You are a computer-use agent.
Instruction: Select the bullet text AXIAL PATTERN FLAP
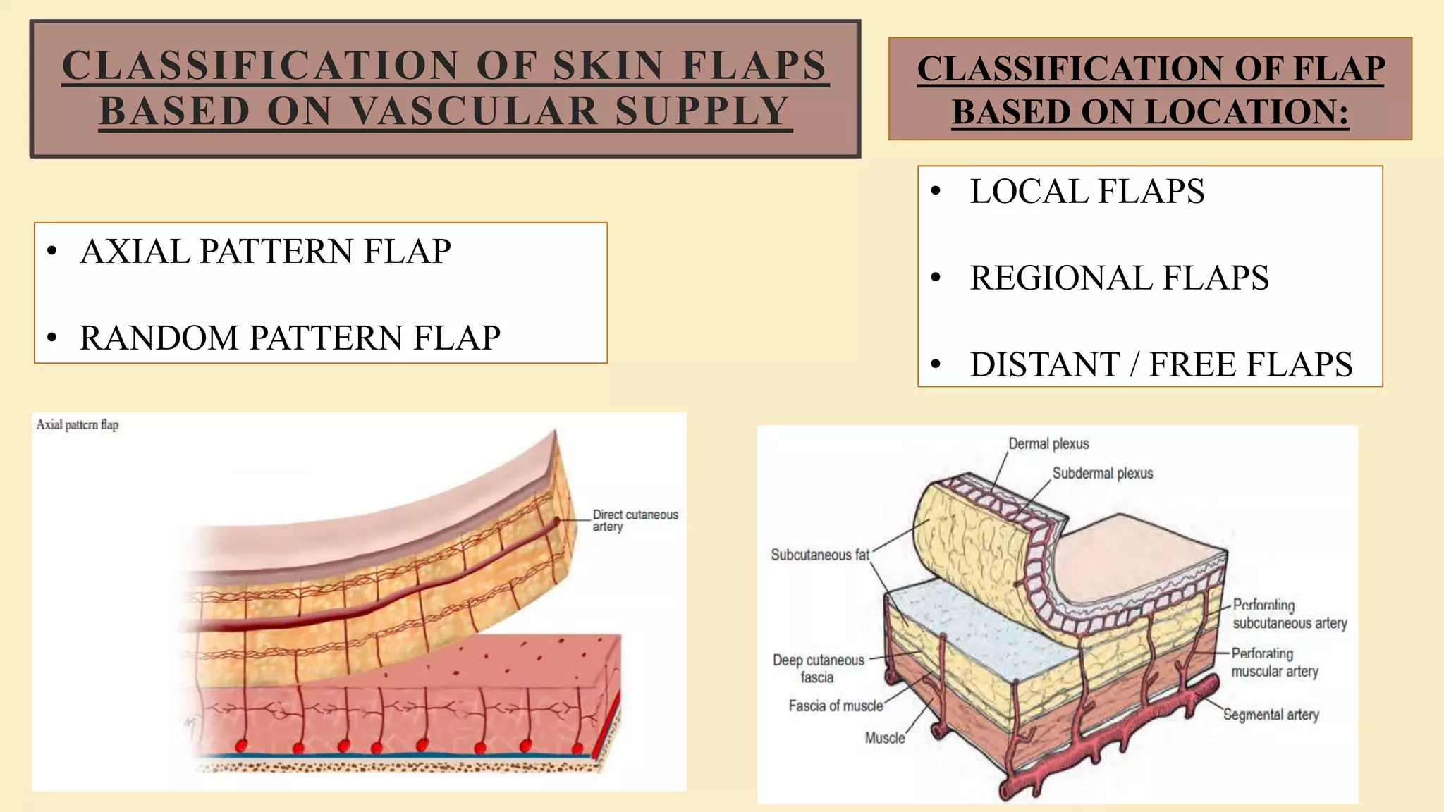(x=265, y=252)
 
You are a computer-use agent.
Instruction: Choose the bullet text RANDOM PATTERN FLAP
(x=290, y=338)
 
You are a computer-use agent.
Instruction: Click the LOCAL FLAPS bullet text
(x=1087, y=192)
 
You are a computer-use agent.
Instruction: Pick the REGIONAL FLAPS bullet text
(x=1119, y=278)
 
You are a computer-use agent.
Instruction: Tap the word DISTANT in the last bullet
(x=1044, y=364)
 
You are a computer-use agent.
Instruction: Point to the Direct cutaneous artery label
(x=635, y=520)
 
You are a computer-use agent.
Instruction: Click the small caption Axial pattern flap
(x=78, y=424)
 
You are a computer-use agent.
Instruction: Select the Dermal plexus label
(x=1048, y=444)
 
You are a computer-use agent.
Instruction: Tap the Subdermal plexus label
(x=1103, y=474)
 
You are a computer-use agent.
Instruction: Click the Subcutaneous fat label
(x=820, y=555)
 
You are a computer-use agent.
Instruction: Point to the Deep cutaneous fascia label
(x=818, y=668)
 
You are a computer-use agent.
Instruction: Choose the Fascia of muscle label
(x=836, y=706)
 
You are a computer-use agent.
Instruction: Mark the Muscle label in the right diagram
(x=885, y=738)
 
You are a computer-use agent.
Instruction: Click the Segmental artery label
(x=1271, y=715)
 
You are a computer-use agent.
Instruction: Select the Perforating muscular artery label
(x=1274, y=663)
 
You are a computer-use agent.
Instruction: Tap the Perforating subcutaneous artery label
(x=1289, y=614)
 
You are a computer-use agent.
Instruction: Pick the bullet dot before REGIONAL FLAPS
(x=936, y=278)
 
